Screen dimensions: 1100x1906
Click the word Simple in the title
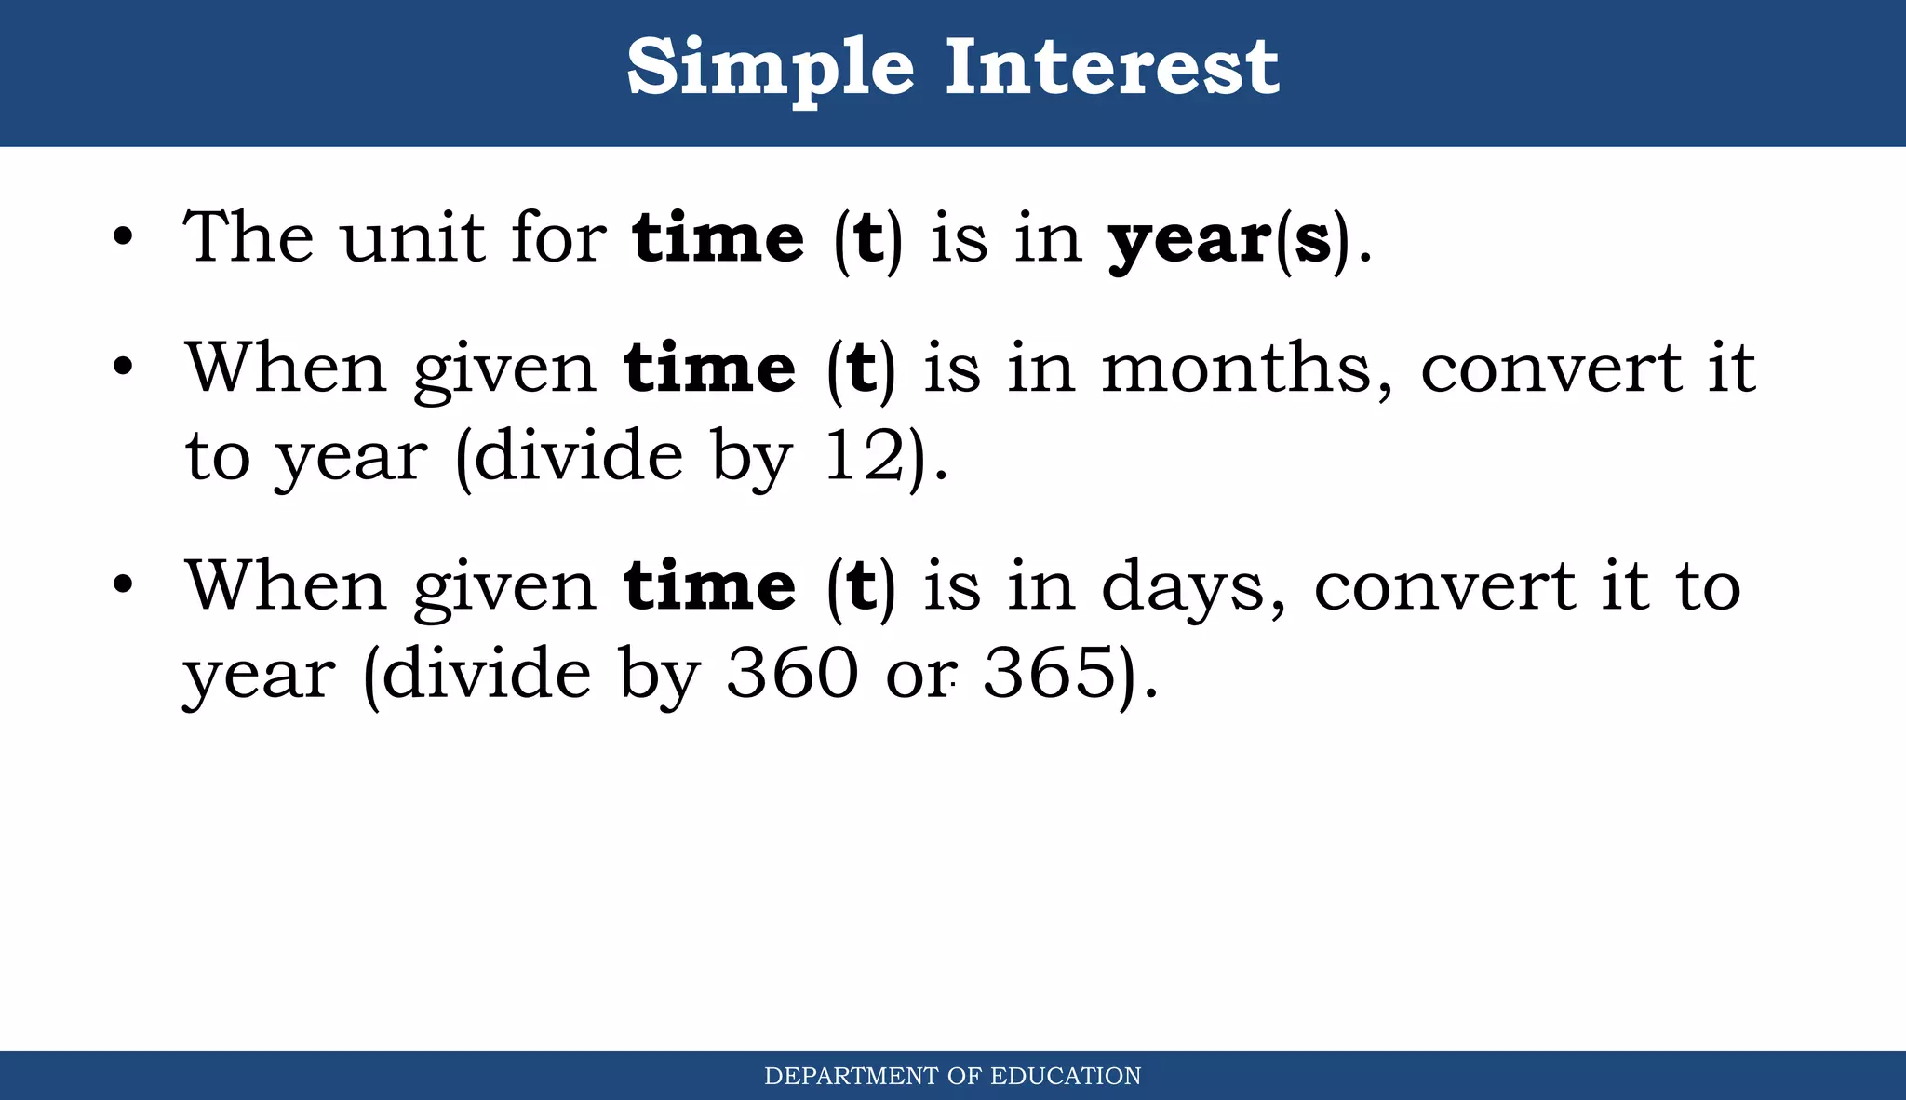(771, 69)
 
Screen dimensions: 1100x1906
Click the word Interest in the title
(1112, 67)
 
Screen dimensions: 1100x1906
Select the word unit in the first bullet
(412, 237)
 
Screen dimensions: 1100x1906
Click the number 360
(792, 673)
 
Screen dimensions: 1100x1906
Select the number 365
(1050, 673)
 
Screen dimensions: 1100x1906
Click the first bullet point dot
(123, 238)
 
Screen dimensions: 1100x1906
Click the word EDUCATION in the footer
(1066, 1077)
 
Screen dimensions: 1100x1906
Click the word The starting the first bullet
(248, 237)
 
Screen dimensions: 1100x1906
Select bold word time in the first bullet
(718, 238)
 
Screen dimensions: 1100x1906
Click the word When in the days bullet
(286, 586)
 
